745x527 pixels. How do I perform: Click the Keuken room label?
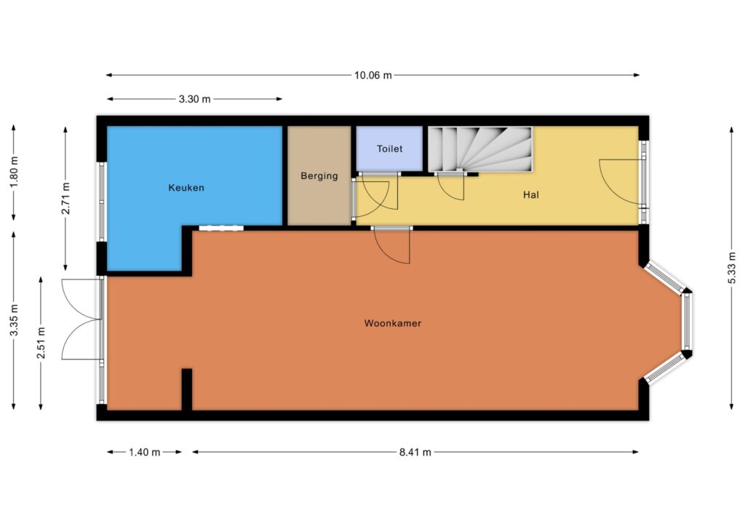pos(186,188)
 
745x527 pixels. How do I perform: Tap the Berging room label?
pos(319,176)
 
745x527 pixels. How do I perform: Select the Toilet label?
pos(390,148)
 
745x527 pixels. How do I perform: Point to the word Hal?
pos(530,194)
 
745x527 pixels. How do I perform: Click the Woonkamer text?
pos(393,323)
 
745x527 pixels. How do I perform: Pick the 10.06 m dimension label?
pos(373,75)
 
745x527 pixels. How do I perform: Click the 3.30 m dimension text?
pos(194,99)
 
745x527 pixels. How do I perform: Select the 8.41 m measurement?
pos(415,452)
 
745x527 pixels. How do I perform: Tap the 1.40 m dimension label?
pos(145,452)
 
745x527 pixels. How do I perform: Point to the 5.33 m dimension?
pos(732,269)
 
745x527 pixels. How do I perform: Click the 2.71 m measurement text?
pos(65,198)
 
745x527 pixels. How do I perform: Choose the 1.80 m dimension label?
pos(14,172)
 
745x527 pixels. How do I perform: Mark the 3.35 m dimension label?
pos(14,320)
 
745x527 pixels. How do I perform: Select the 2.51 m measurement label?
pos(41,343)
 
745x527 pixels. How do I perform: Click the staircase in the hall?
pos(480,148)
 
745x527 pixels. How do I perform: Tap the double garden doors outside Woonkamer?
pos(81,319)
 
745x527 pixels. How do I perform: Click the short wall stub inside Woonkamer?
pos(187,389)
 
